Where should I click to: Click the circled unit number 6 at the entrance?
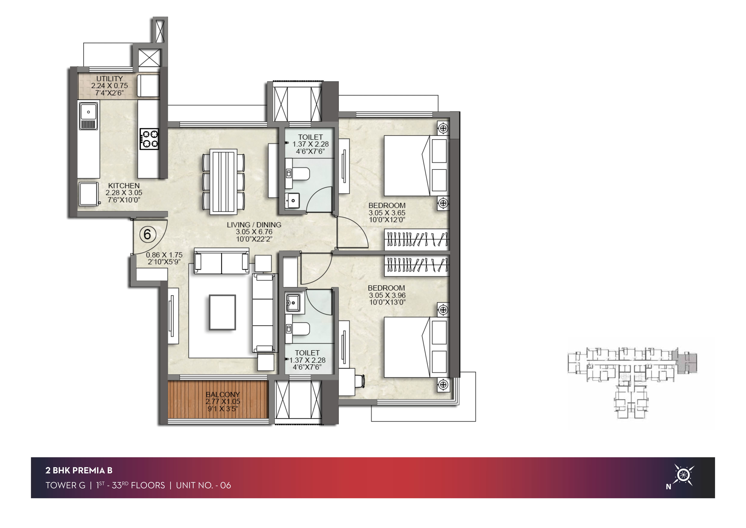click(x=148, y=234)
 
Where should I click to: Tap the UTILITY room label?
click(x=109, y=79)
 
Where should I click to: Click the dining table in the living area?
click(x=224, y=181)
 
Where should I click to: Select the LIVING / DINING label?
click(x=254, y=225)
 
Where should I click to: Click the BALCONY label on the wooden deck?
click(x=223, y=394)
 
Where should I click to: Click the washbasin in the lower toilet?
click(x=293, y=302)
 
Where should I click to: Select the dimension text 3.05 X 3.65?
click(x=387, y=213)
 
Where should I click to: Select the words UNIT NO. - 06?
click(x=203, y=485)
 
